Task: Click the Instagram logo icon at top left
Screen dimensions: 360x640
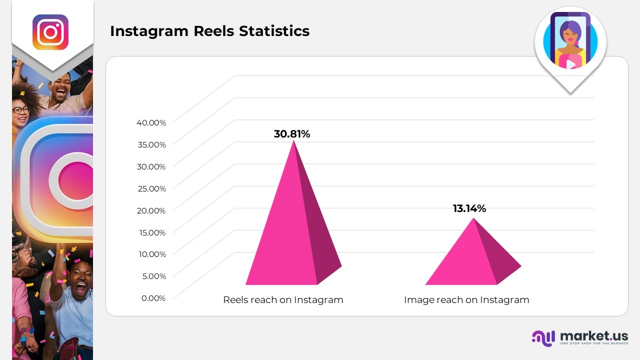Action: pos(50,32)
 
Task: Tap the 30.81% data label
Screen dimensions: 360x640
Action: pos(292,134)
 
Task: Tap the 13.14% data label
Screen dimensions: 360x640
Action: pos(469,208)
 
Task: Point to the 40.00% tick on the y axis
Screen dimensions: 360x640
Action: pos(151,122)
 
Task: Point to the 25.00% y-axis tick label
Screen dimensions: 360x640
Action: pos(151,188)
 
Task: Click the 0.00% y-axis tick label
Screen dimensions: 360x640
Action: pos(153,298)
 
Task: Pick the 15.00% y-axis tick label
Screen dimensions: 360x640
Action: pos(151,232)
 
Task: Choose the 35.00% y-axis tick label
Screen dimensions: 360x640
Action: pos(151,144)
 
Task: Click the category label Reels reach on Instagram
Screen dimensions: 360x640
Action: pos(283,300)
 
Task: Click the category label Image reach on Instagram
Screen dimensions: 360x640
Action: pos(466,300)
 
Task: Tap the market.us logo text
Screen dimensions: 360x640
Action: pos(594,335)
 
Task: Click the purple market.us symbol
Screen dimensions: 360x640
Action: pos(543,338)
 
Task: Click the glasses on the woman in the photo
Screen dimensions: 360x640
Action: pos(20,109)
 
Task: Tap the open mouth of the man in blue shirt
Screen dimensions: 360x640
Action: pos(80,288)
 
